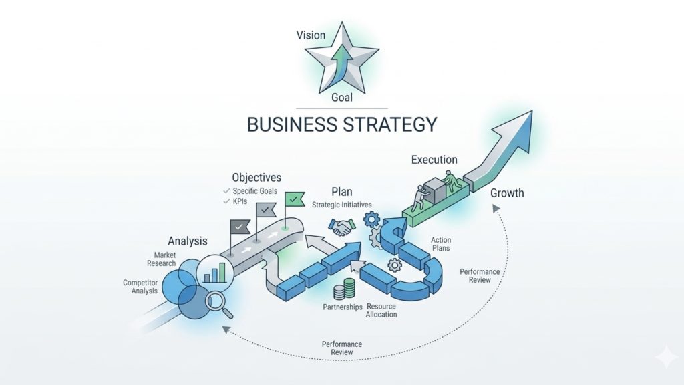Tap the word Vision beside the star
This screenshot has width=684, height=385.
pos(311,35)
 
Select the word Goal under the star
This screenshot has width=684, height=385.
pos(341,98)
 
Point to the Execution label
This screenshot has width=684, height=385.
pos(434,160)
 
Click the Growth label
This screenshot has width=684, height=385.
pos(507,193)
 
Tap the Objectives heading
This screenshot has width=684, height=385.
pos(256,178)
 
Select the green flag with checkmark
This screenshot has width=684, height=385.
pos(292,200)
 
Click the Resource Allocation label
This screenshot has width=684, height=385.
pos(381,311)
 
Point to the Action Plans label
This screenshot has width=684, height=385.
pos(441,244)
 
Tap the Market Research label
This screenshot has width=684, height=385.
pos(161,259)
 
